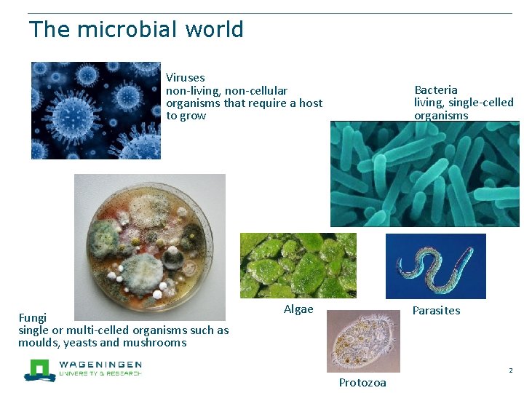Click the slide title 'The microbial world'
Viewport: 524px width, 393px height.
coord(136,30)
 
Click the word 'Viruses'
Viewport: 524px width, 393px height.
coord(185,77)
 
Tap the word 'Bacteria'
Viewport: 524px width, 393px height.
coord(436,90)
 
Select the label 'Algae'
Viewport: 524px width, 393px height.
coord(298,309)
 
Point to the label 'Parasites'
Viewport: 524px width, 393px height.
coord(436,310)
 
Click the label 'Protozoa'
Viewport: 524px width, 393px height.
coord(362,383)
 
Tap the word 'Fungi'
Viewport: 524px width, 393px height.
coord(32,317)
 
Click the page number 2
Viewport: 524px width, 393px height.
coord(511,370)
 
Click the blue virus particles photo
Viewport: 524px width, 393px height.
coord(95,111)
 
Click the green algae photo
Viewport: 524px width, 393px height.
coord(298,265)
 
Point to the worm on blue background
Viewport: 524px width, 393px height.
coord(435,266)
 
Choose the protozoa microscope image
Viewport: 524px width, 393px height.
coord(362,341)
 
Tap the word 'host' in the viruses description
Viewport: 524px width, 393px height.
coord(311,103)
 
